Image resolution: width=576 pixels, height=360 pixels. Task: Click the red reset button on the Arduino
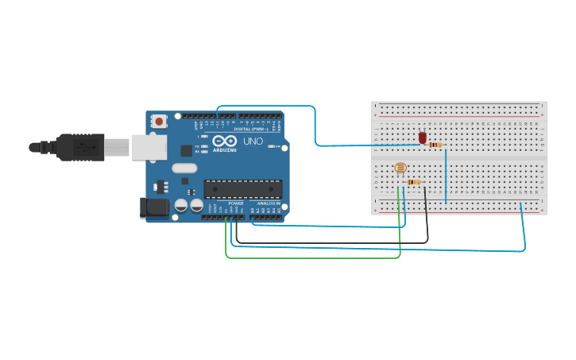pyautogui.click(x=159, y=122)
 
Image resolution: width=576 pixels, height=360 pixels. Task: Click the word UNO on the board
pyautogui.click(x=253, y=141)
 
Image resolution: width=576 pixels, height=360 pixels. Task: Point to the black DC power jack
pyautogui.click(x=153, y=208)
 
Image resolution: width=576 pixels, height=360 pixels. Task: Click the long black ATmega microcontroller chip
pyautogui.click(x=242, y=189)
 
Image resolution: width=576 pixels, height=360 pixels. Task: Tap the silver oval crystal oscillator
pyautogui.click(x=184, y=168)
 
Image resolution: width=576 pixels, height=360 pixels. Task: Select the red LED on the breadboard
pyautogui.click(x=423, y=138)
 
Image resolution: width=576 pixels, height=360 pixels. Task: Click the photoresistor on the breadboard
pyautogui.click(x=400, y=168)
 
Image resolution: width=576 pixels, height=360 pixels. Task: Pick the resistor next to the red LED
pyautogui.click(x=435, y=145)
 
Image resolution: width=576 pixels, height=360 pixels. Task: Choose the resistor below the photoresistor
pyautogui.click(x=413, y=182)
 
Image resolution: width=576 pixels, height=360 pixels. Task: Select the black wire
pyautogui.click(x=334, y=242)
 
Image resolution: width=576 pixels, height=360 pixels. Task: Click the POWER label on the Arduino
pyautogui.click(x=236, y=203)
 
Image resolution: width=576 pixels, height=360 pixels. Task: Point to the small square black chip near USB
pyautogui.click(x=186, y=149)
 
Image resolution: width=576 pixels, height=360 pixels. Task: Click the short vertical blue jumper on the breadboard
pyautogui.click(x=446, y=175)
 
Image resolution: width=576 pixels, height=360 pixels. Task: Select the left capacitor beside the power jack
pyautogui.click(x=181, y=205)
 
